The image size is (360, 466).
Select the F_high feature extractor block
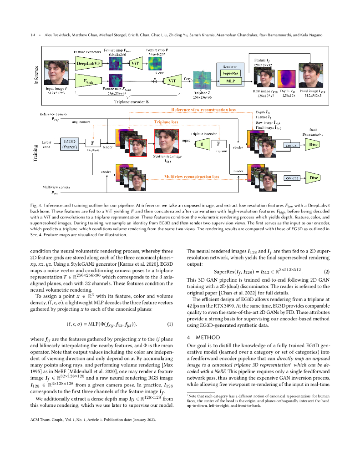click(x=86, y=82)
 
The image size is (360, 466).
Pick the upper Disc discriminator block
click(x=313, y=145)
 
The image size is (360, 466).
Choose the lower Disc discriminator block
click(x=313, y=177)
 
